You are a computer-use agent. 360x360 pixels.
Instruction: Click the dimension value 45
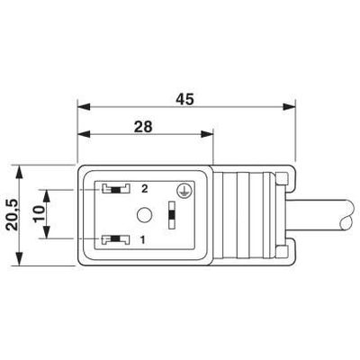click(x=184, y=100)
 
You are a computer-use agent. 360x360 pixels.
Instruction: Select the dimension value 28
click(x=143, y=127)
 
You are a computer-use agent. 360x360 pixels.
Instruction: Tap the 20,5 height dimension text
click(x=13, y=215)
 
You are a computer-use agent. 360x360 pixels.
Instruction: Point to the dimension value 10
click(x=39, y=213)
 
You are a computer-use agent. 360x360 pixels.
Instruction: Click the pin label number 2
click(x=145, y=189)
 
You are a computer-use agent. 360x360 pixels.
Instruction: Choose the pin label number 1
click(x=143, y=239)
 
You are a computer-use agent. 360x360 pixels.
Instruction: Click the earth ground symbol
click(x=182, y=191)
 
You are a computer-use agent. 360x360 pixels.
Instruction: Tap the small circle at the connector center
click(x=144, y=215)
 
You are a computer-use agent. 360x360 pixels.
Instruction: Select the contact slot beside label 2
click(x=116, y=189)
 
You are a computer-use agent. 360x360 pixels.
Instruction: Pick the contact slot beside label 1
click(x=116, y=239)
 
